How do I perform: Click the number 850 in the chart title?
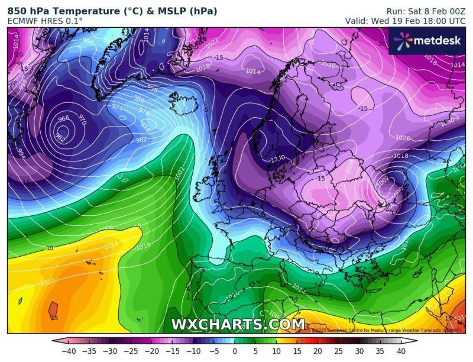17,11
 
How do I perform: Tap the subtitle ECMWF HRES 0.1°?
45,21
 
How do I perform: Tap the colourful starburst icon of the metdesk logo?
403,40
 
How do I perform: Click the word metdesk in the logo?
437,41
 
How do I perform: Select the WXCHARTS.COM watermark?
237,324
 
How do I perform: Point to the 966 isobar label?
63,118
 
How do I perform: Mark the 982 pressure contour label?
140,140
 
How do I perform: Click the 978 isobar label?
143,111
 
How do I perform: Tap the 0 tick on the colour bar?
235,350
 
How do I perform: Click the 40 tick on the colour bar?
400,350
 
